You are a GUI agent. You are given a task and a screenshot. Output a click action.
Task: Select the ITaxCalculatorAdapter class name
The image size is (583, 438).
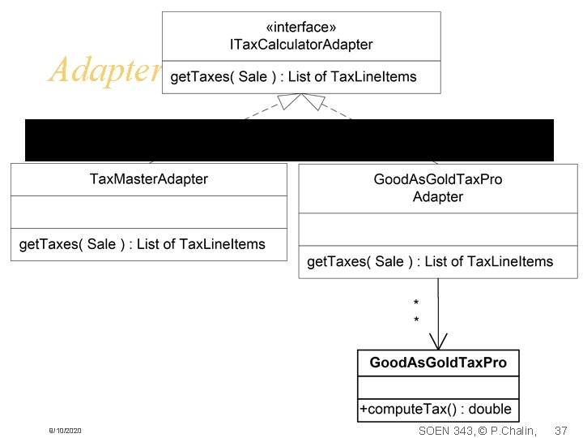coord(302,44)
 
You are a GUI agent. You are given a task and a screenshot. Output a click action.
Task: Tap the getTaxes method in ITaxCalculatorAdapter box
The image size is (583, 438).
coord(293,77)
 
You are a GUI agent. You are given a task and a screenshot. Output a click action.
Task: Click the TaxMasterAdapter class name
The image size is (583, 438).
coord(149,179)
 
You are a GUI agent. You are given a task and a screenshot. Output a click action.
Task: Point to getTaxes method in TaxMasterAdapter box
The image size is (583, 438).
coord(142,243)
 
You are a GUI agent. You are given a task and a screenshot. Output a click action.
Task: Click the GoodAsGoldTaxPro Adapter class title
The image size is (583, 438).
coord(438,188)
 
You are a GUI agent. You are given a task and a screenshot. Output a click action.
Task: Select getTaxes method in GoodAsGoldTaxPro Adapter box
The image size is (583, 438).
coord(430,261)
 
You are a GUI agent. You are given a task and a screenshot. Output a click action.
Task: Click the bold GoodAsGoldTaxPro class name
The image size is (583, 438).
coord(438,363)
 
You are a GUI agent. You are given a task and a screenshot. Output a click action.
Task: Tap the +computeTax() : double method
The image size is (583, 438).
coord(435,410)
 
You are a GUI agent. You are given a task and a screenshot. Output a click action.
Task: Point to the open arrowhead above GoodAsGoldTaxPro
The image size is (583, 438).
coord(438,341)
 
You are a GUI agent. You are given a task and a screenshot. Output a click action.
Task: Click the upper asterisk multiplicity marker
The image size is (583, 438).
coord(416,304)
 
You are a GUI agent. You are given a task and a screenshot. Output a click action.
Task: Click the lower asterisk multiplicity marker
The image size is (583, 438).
coord(416,320)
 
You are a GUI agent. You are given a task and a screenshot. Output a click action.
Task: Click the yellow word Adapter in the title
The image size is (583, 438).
coord(104,71)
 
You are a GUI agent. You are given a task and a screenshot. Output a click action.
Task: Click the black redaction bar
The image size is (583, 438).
coord(289,140)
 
